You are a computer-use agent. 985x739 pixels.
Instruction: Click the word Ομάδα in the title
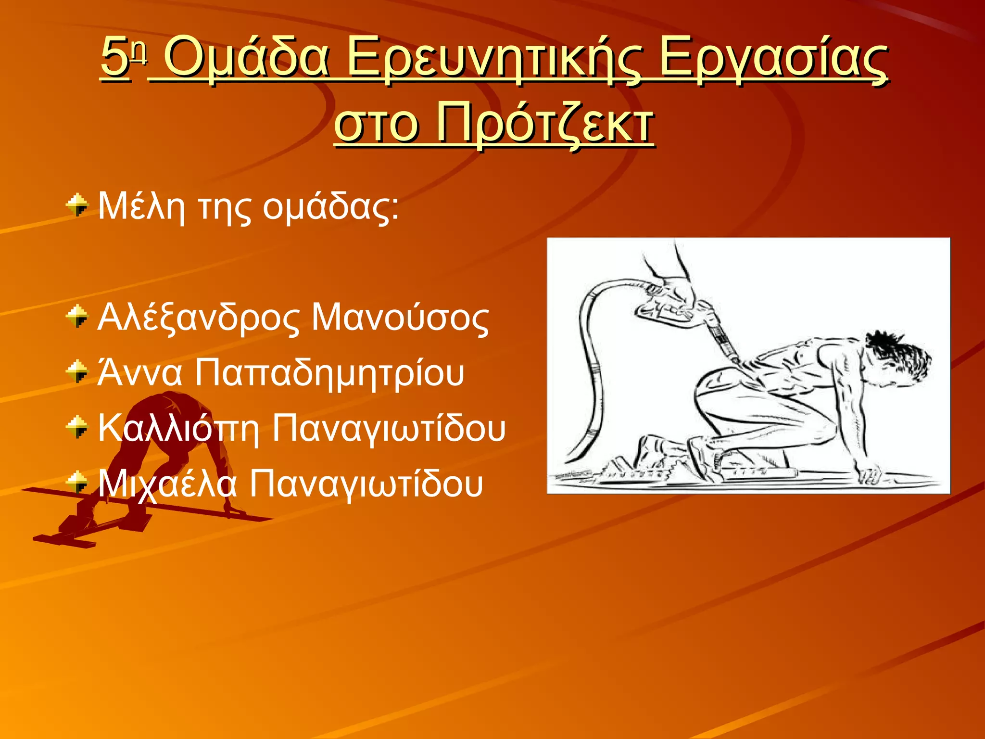247,59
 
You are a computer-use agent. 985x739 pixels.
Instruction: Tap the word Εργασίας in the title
772,59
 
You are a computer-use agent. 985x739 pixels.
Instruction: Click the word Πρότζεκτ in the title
545,123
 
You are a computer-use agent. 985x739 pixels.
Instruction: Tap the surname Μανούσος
400,319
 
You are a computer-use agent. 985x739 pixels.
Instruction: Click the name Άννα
140,373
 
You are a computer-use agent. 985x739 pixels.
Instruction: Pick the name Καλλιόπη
178,428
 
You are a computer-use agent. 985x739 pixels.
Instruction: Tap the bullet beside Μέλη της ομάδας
77,206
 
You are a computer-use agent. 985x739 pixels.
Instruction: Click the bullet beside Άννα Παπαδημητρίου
77,372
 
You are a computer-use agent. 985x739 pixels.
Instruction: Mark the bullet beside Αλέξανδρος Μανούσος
77,317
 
